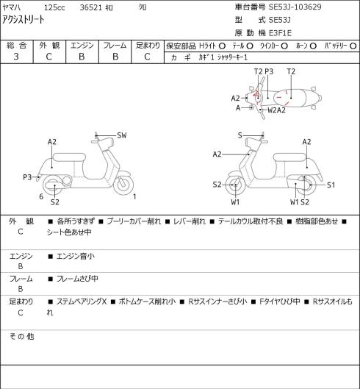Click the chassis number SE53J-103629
click(295, 7)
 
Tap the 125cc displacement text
click(54, 7)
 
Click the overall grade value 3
click(16, 57)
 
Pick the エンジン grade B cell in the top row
click(82, 57)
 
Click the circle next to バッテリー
click(353, 46)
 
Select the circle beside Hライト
click(222, 46)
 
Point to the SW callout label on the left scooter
click(122, 135)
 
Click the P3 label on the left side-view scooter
click(27, 177)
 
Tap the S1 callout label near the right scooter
click(331, 185)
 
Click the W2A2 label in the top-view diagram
click(276, 110)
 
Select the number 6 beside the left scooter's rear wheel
click(41, 196)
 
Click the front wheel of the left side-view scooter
click(123, 185)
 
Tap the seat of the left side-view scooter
click(69, 157)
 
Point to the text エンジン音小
click(76, 256)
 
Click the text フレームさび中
click(77, 279)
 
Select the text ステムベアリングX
click(82, 301)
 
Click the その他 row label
click(21, 336)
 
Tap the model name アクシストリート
click(24, 20)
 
